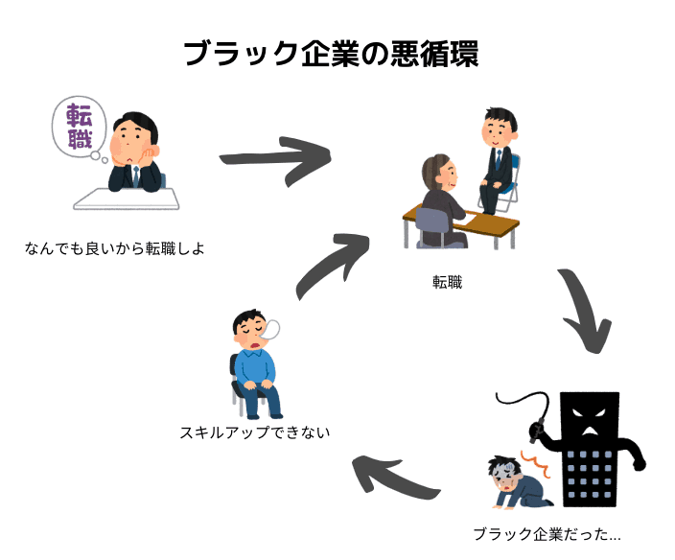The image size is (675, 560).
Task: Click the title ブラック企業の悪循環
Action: pyautogui.click(x=330, y=53)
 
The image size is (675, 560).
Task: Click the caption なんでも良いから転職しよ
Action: pyautogui.click(x=115, y=248)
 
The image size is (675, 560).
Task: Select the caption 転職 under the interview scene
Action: pyautogui.click(x=447, y=282)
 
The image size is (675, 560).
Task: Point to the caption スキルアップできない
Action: pyautogui.click(x=254, y=432)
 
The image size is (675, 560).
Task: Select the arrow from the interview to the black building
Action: pyautogui.click(x=584, y=313)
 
